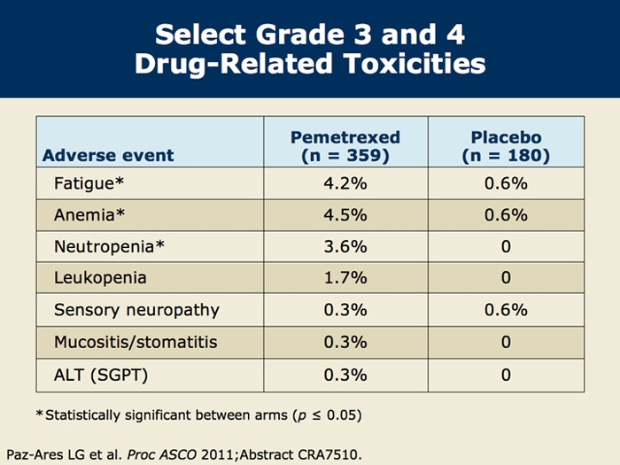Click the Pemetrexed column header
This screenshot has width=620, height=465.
345,146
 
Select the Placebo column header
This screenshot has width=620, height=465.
506,146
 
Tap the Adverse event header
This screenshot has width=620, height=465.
108,156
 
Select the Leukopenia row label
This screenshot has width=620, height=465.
100,278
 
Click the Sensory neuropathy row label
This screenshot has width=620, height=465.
136,310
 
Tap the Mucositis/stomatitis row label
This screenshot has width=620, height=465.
135,342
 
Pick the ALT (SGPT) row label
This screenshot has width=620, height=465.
101,374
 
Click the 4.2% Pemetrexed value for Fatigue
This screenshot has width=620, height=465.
345,184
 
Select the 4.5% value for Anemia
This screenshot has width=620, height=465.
345,215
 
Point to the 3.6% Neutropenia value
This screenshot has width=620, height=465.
345,246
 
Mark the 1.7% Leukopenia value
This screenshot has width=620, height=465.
345,278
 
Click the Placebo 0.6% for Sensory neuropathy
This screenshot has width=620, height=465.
506,310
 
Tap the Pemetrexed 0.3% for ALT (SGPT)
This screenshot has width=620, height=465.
345,374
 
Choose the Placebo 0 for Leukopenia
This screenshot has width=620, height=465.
506,278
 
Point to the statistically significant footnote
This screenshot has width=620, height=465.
198,415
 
